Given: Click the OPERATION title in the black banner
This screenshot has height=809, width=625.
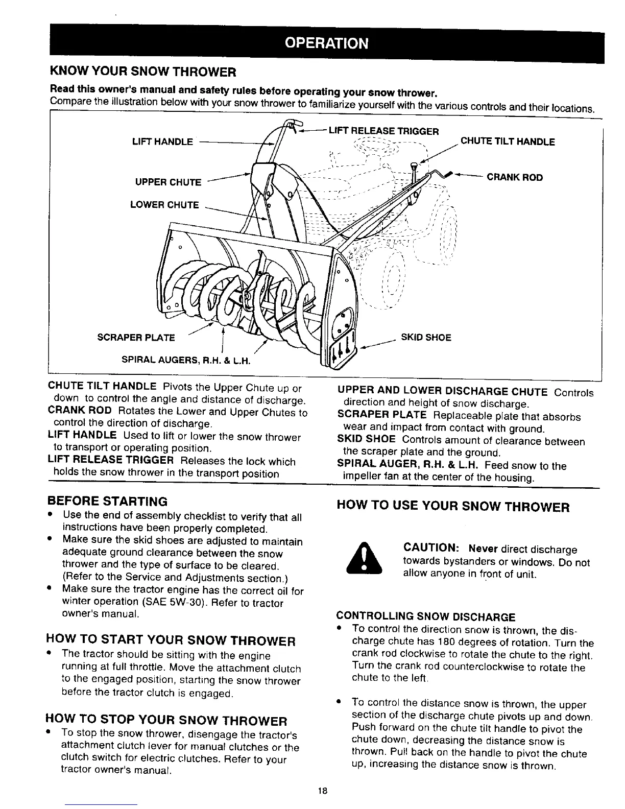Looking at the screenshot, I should [x=327, y=43].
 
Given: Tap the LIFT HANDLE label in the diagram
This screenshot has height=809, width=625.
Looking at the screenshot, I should [x=162, y=141].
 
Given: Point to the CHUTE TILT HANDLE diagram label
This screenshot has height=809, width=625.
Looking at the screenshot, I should [x=508, y=141].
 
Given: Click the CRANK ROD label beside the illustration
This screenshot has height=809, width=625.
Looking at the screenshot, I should [x=515, y=178].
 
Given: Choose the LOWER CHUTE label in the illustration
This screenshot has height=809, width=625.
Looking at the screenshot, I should [x=164, y=205].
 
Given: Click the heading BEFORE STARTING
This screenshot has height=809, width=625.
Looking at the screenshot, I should [x=107, y=501].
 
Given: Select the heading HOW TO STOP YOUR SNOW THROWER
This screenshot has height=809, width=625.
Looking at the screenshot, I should [x=166, y=721].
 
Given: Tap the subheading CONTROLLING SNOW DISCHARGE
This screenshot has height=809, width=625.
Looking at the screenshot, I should [x=426, y=616].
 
